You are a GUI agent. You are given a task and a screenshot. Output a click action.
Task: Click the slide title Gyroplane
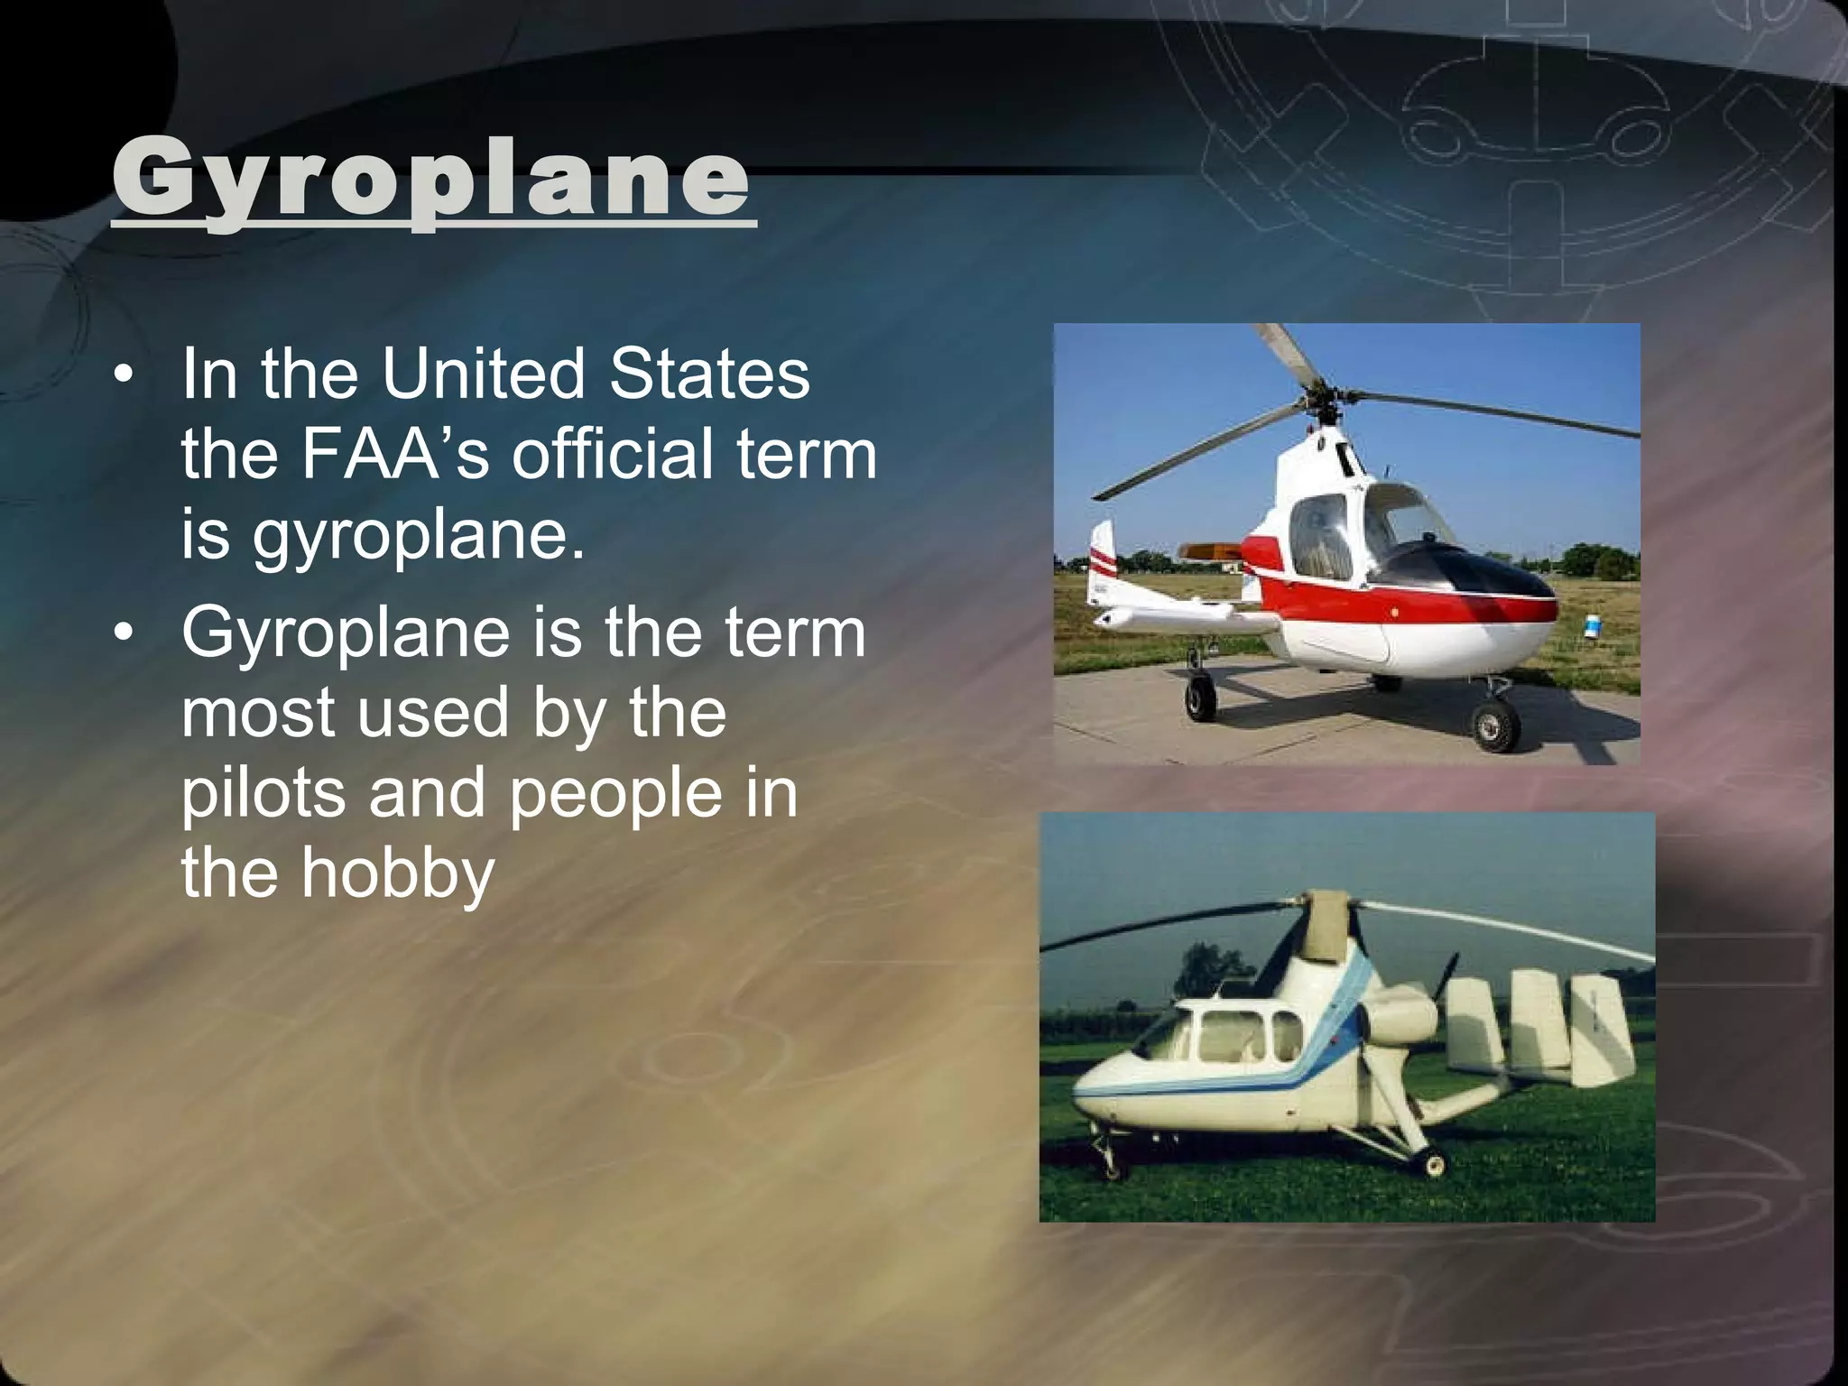[x=430, y=177]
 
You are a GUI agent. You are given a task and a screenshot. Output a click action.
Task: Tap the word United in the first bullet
[x=483, y=374]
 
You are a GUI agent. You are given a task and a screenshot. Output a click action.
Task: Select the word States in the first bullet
[x=709, y=374]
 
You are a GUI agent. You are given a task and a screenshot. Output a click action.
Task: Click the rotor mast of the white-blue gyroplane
[x=1328, y=929]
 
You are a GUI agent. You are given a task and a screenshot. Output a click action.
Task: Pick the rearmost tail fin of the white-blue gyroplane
[x=1602, y=1029]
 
